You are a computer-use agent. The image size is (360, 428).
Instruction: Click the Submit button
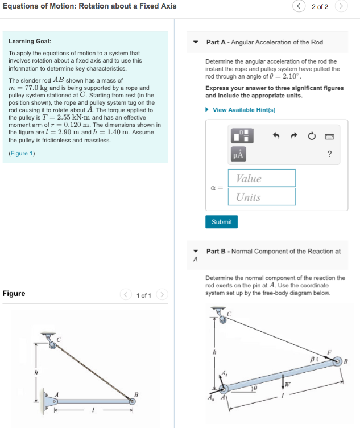(221, 222)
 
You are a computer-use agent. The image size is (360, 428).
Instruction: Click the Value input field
(262, 178)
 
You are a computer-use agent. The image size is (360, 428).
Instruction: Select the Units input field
(262, 197)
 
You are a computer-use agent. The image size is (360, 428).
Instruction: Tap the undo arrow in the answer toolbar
(276, 136)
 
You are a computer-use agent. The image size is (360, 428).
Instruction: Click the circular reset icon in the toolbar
(312, 136)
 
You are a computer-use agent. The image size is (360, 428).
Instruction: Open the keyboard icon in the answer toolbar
(329, 136)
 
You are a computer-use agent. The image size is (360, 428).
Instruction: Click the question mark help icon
(329, 154)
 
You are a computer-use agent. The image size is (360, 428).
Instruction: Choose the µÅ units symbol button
(238, 154)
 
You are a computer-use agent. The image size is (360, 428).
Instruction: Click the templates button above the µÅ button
(238, 136)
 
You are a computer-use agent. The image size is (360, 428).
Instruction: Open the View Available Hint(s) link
(243, 110)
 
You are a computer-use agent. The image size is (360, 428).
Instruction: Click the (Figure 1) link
(22, 154)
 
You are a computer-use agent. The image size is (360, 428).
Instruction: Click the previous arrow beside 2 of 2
(299, 6)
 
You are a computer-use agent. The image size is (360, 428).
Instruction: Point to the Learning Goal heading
(30, 42)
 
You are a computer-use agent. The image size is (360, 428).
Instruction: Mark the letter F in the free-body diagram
(328, 353)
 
